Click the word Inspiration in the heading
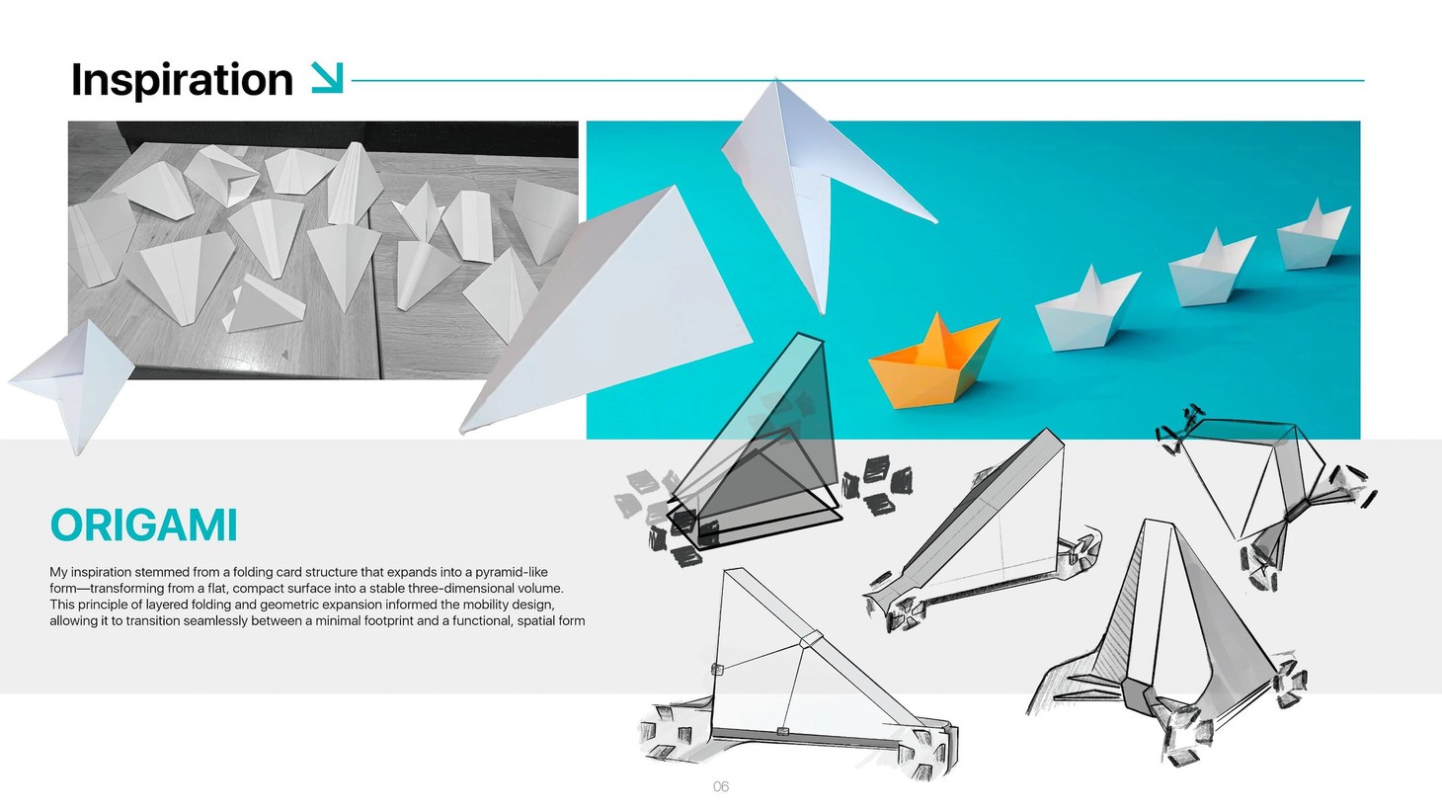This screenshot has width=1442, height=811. [182, 80]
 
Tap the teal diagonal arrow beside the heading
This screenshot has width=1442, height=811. [327, 78]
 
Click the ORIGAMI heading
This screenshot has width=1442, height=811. [143, 526]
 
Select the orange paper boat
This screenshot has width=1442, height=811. [934, 362]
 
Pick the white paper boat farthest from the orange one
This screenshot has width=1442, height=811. [1314, 235]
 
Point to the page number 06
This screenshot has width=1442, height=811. [721, 786]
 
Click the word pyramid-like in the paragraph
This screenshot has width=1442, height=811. [512, 572]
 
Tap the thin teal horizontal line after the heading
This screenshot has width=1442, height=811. [857, 80]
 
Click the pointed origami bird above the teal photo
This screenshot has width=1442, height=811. [824, 193]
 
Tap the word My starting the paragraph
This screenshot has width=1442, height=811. [58, 572]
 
